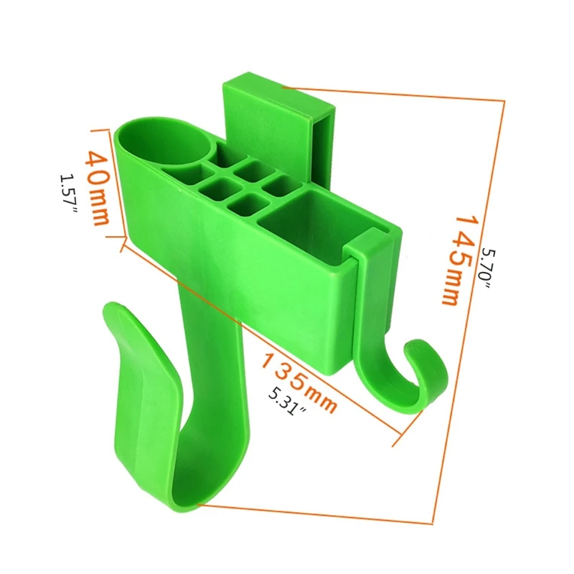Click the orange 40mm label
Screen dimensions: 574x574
(x=98, y=189)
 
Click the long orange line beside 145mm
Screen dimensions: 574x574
(x=471, y=309)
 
